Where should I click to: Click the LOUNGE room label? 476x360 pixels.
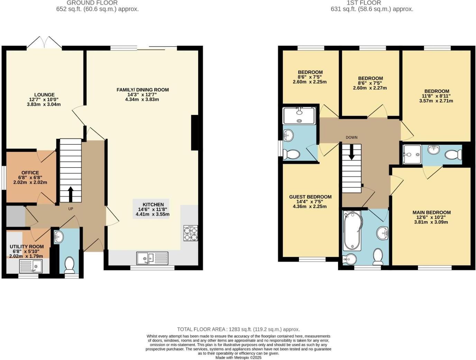(44, 95)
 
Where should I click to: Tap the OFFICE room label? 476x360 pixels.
(30, 173)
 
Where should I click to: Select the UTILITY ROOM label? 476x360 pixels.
(27, 247)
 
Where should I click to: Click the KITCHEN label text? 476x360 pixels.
(153, 205)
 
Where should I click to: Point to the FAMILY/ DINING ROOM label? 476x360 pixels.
(143, 90)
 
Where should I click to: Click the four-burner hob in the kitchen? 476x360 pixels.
(191, 233)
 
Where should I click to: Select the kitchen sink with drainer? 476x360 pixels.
(153, 258)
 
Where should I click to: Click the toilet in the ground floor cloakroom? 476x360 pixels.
(70, 264)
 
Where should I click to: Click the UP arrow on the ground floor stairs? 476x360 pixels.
(71, 194)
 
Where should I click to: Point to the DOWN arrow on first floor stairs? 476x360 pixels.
(351, 153)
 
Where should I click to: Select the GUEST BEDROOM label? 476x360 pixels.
(310, 197)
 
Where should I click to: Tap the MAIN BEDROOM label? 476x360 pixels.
(431, 213)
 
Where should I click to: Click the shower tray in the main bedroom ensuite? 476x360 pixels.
(412, 154)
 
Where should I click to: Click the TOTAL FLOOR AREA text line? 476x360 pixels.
(238, 330)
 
